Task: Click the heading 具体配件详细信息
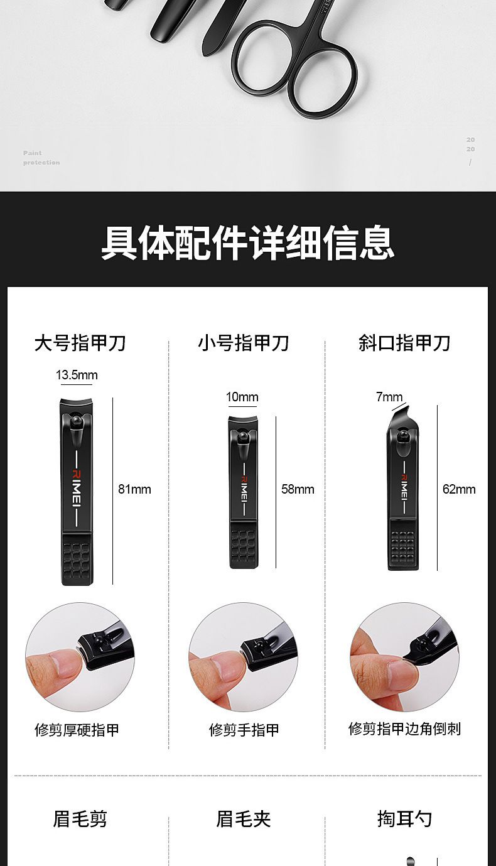point(248,242)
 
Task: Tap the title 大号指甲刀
point(80,343)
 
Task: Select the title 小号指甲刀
point(244,343)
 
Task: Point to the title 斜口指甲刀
point(404,343)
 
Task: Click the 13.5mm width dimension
point(77,375)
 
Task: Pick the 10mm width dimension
point(242,397)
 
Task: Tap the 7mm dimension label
point(389,397)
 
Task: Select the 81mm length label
point(134,489)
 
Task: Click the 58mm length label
point(298,489)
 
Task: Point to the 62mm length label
point(459,489)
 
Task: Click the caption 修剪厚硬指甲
point(77,730)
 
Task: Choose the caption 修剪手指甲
point(244,730)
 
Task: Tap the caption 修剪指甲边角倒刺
point(404,728)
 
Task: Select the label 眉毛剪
point(80,820)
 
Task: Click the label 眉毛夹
point(244,820)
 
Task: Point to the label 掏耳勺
point(404,820)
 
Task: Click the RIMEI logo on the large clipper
point(77,489)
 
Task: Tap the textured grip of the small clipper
point(243,545)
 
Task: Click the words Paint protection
point(41,158)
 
